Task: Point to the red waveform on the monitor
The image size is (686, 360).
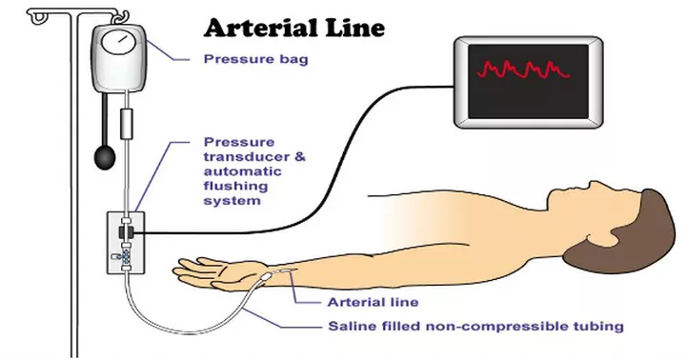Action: (523, 70)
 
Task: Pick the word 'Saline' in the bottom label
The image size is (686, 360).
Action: (352, 326)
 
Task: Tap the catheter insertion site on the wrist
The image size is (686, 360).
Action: (286, 273)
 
